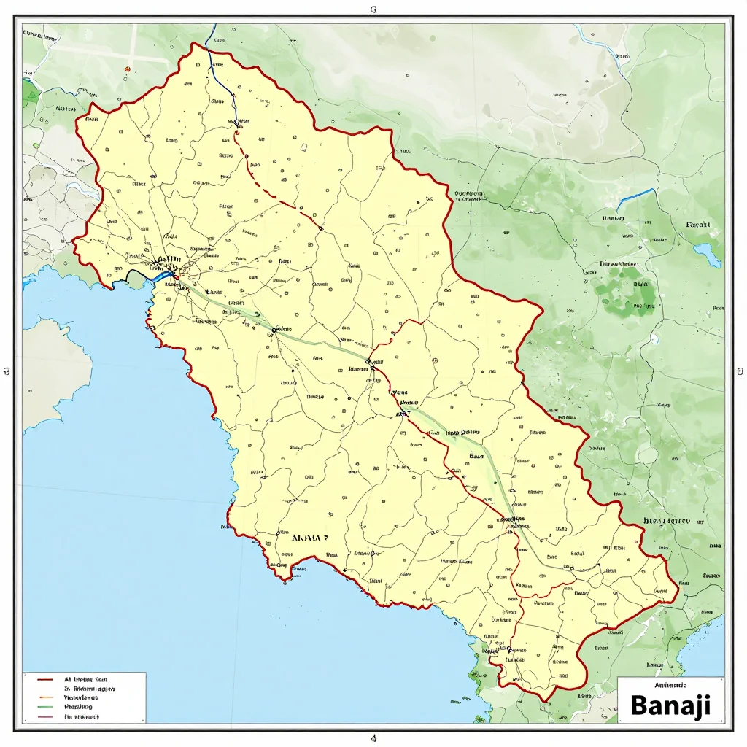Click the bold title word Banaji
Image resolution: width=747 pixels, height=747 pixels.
tap(670, 705)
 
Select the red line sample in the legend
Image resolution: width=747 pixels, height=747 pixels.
tap(45, 679)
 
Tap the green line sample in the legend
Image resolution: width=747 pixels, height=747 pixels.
tap(45, 707)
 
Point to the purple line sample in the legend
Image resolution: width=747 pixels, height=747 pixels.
tap(45, 717)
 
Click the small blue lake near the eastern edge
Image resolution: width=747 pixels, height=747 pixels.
tap(707, 255)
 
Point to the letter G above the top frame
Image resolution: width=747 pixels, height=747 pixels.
tap(373, 10)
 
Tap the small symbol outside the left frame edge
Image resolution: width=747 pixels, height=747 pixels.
tap(7, 371)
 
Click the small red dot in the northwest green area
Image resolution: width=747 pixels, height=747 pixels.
tap(127, 69)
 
